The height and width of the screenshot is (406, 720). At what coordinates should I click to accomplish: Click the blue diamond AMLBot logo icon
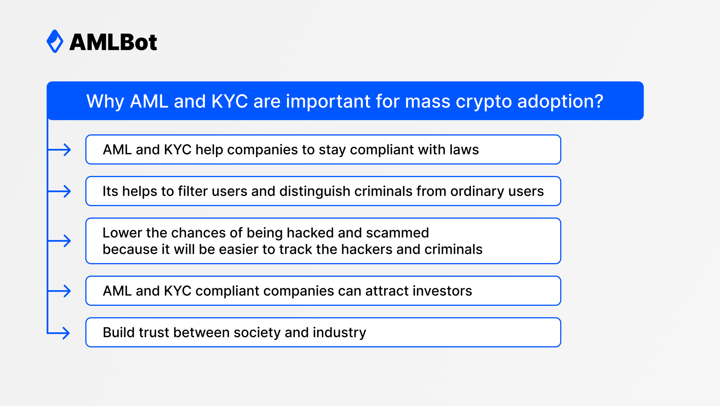pos(55,41)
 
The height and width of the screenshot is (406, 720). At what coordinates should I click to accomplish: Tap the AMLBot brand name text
pos(113,42)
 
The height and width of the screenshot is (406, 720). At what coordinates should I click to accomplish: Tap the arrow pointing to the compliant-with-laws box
pos(59,150)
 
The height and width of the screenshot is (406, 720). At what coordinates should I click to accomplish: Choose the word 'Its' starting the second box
pos(110,191)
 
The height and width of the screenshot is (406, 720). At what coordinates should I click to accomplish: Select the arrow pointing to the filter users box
pos(59,191)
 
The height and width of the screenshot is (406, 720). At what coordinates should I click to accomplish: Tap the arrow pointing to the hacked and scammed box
pos(59,241)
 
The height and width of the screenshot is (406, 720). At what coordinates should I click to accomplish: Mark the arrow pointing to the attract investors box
pos(59,291)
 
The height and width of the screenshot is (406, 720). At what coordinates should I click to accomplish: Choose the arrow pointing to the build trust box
pos(59,333)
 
